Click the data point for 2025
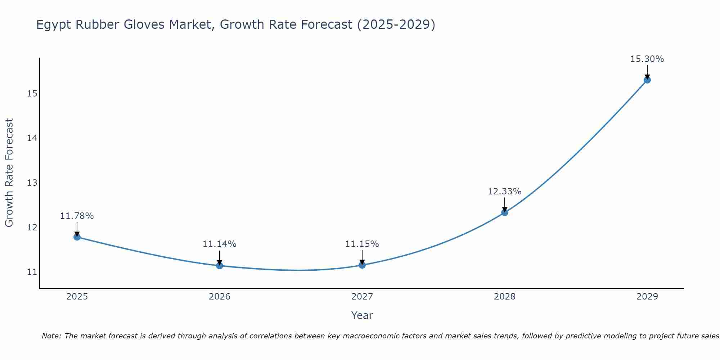click(77, 237)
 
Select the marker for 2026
click(220, 266)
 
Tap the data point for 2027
click(362, 265)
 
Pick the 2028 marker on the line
click(505, 212)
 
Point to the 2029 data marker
click(647, 80)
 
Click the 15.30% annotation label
click(647, 59)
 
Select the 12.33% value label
click(504, 192)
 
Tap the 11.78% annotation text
click(77, 216)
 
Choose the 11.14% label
click(219, 244)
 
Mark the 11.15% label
click(362, 244)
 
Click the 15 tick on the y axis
click(32, 94)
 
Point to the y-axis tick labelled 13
click(32, 183)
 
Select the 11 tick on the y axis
click(32, 272)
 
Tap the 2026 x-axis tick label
click(220, 297)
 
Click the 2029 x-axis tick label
click(647, 297)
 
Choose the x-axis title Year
click(362, 315)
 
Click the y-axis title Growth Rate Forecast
click(9, 173)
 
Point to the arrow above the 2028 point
click(505, 204)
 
